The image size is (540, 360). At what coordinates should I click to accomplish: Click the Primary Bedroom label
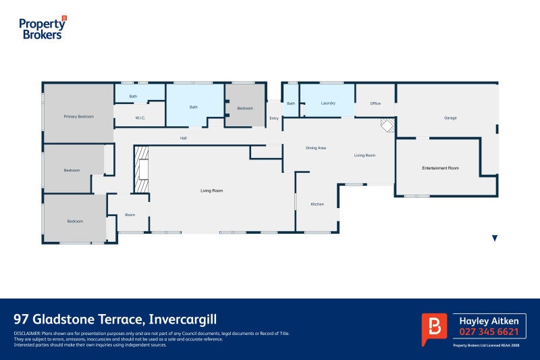(78, 117)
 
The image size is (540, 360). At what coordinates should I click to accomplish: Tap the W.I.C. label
(140, 118)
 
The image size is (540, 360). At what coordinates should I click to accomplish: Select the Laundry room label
(329, 103)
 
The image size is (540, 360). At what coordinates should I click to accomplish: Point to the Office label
(376, 103)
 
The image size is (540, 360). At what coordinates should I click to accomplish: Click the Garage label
(450, 118)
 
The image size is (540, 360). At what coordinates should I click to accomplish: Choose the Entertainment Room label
(440, 168)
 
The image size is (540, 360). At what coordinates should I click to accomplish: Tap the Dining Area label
(316, 147)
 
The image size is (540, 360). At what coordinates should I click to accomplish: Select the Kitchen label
(318, 204)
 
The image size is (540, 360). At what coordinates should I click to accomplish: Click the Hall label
(183, 138)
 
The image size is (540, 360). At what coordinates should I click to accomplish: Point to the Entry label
(273, 119)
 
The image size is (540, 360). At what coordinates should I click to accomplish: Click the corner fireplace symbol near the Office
(387, 125)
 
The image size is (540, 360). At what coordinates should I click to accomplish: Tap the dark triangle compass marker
(495, 238)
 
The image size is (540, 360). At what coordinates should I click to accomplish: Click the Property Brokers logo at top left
(43, 28)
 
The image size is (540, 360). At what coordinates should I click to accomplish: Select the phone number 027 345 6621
(489, 332)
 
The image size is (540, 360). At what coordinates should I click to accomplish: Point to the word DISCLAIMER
(27, 334)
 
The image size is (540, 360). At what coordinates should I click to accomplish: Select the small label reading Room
(130, 215)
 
